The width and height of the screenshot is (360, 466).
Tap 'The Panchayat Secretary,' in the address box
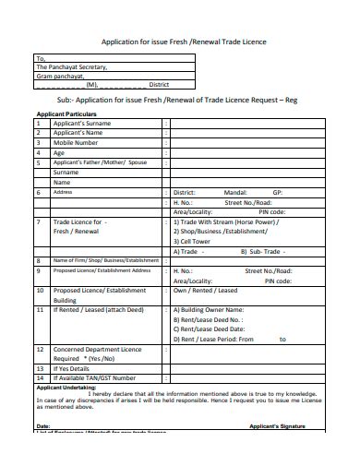pos(72,66)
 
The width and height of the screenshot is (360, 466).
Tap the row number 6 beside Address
pos(38,192)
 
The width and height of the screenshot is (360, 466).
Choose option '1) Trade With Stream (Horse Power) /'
pos(225,222)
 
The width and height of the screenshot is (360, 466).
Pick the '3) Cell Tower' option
pos(196,241)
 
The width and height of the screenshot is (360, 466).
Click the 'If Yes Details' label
pos(75,368)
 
